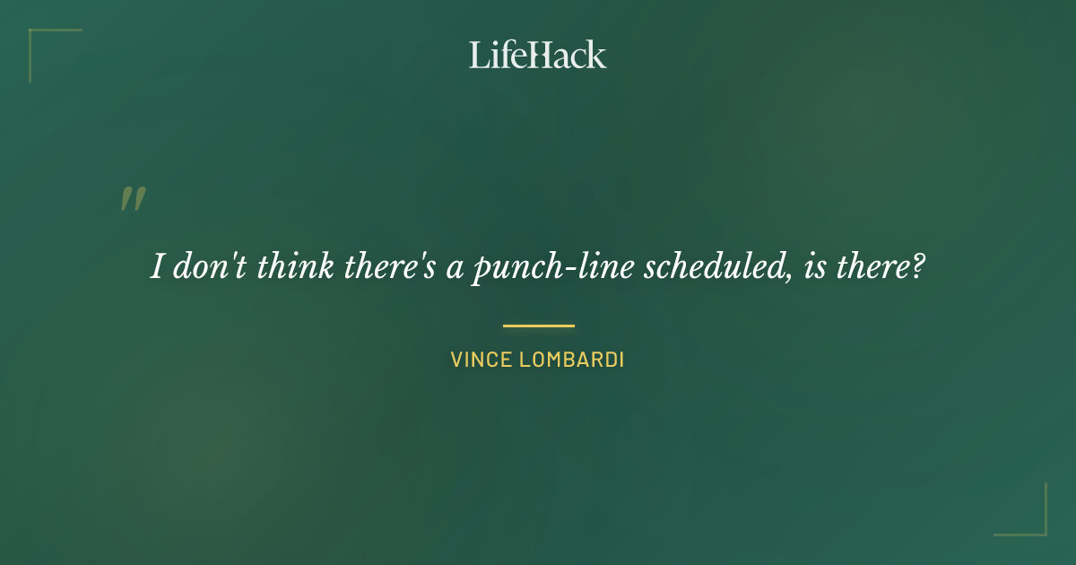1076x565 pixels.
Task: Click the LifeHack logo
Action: point(537,55)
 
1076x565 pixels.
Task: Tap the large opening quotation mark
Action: point(133,199)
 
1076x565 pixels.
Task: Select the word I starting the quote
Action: point(157,267)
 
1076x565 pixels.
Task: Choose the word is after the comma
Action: point(815,267)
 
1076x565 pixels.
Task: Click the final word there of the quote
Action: point(873,267)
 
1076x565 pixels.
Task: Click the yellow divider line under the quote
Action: point(538,326)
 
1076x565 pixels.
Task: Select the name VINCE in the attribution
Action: point(481,361)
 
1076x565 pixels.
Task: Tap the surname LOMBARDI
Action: point(571,361)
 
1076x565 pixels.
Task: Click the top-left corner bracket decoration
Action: point(40,40)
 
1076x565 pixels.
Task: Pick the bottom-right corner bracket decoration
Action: point(1036,525)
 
